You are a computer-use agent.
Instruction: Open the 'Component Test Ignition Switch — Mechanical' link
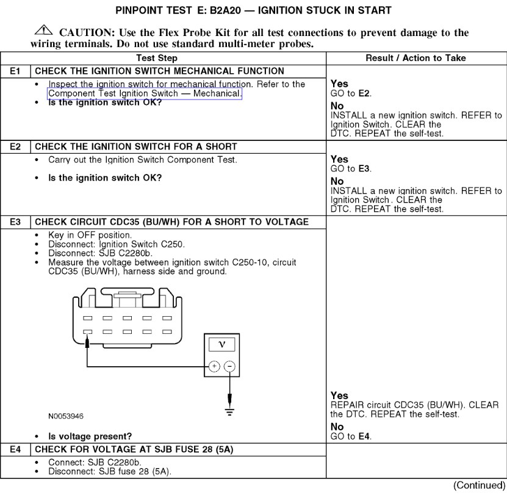click(145, 93)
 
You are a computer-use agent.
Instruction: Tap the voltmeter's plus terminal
click(214, 367)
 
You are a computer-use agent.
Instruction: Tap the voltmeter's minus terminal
click(229, 367)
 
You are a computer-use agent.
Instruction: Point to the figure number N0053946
click(67, 416)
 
